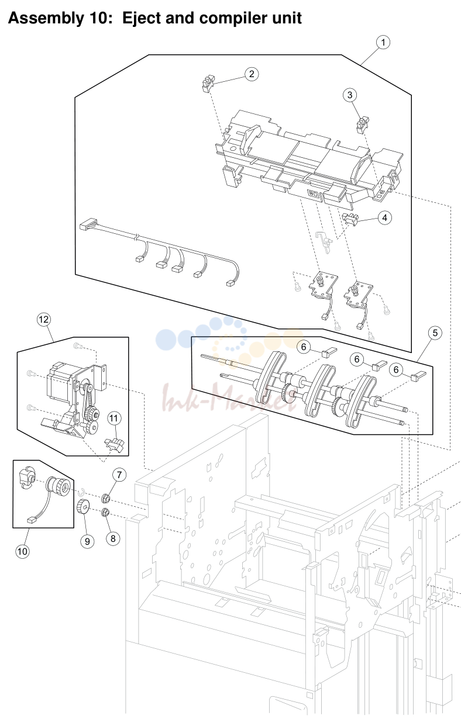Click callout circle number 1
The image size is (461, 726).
coord(383,43)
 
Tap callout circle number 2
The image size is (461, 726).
coord(252,74)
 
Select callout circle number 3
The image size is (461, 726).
coord(350,95)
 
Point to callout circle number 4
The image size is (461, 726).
coord(385,218)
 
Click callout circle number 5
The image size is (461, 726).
coord(435,333)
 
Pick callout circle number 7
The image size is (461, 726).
coord(119,475)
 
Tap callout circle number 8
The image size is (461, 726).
coord(113,539)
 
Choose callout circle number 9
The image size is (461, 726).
coord(87,542)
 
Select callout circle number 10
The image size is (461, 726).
coord(22,551)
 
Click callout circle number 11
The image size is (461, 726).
coord(113,419)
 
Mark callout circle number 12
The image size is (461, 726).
coord(44,320)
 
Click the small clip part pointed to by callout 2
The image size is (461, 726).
coord(208,84)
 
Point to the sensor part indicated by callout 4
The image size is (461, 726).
coord(350,219)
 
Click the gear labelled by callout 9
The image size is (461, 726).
coord(83,506)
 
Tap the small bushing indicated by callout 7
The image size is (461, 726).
coord(106,498)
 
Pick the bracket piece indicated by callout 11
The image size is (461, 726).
coord(114,445)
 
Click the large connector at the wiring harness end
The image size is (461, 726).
coord(88,224)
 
